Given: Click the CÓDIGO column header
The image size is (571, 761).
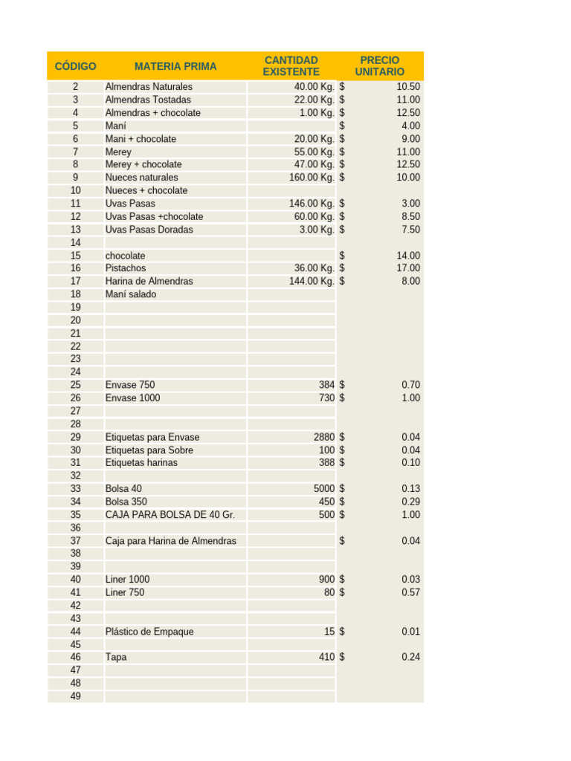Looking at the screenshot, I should (75, 66).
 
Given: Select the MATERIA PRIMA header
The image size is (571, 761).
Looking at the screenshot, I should (175, 66).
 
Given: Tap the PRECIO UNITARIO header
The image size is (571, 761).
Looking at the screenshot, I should (379, 65).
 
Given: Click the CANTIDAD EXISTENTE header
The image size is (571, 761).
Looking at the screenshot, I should (291, 65).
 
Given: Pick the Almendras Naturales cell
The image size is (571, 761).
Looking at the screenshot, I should (149, 87).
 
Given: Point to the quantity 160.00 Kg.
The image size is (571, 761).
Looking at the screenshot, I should (312, 178).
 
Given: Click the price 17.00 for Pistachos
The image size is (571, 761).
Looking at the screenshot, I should (408, 268).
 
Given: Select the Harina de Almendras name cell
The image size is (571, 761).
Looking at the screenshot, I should (149, 282).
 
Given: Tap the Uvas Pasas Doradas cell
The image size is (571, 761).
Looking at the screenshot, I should (149, 230).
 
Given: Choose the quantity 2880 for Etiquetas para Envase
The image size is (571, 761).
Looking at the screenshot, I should (323, 437).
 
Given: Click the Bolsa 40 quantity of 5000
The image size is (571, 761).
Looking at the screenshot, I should (323, 489).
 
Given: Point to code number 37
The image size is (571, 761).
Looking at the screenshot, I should (76, 541).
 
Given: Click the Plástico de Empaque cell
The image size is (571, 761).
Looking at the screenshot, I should (149, 632).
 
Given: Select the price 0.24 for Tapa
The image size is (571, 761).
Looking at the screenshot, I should (410, 658).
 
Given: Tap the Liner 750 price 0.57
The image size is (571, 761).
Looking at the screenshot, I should (410, 592).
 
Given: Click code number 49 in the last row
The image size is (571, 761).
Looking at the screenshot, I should (76, 696).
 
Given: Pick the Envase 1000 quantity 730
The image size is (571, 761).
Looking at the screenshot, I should (326, 398).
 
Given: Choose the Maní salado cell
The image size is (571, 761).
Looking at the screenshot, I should (131, 294).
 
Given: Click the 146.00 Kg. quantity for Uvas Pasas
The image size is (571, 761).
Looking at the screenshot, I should (312, 204).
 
